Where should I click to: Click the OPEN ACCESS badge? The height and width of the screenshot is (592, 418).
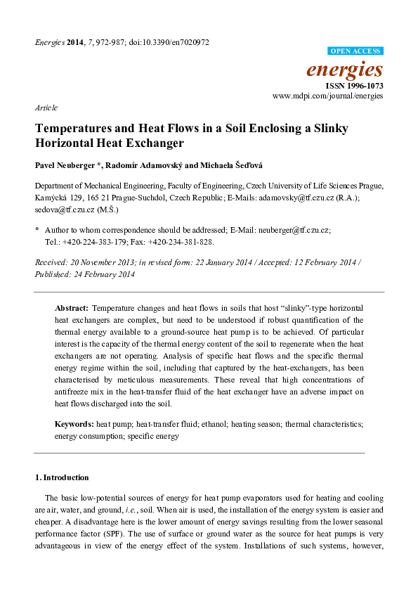click(x=355, y=51)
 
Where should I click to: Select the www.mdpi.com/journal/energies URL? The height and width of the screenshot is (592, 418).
click(x=327, y=95)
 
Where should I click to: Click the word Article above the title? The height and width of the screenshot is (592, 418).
click(x=46, y=108)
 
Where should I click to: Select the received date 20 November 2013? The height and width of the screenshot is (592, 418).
click(x=102, y=262)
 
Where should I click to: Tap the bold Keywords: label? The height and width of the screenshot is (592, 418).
click(x=74, y=425)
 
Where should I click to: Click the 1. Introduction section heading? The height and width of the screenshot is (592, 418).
click(x=62, y=477)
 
